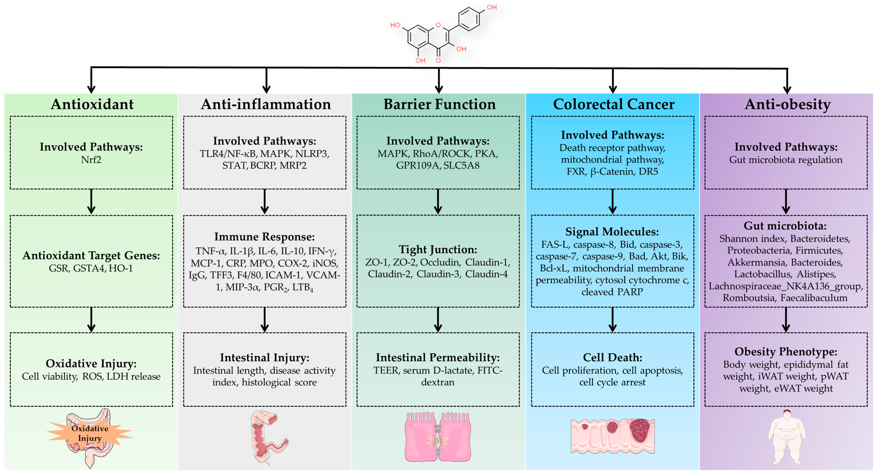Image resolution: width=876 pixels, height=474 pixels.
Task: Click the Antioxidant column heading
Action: click(x=92, y=104)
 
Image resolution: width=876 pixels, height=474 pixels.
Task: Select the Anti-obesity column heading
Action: click(x=787, y=104)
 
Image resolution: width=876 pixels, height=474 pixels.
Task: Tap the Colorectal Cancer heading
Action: click(x=613, y=104)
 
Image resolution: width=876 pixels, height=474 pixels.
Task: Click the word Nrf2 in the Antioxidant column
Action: click(x=91, y=160)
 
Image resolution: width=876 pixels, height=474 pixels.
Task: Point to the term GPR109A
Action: click(x=417, y=166)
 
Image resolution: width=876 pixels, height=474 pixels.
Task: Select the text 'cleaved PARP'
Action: click(x=612, y=292)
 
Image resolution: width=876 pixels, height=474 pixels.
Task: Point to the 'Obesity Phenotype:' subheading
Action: click(x=786, y=351)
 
